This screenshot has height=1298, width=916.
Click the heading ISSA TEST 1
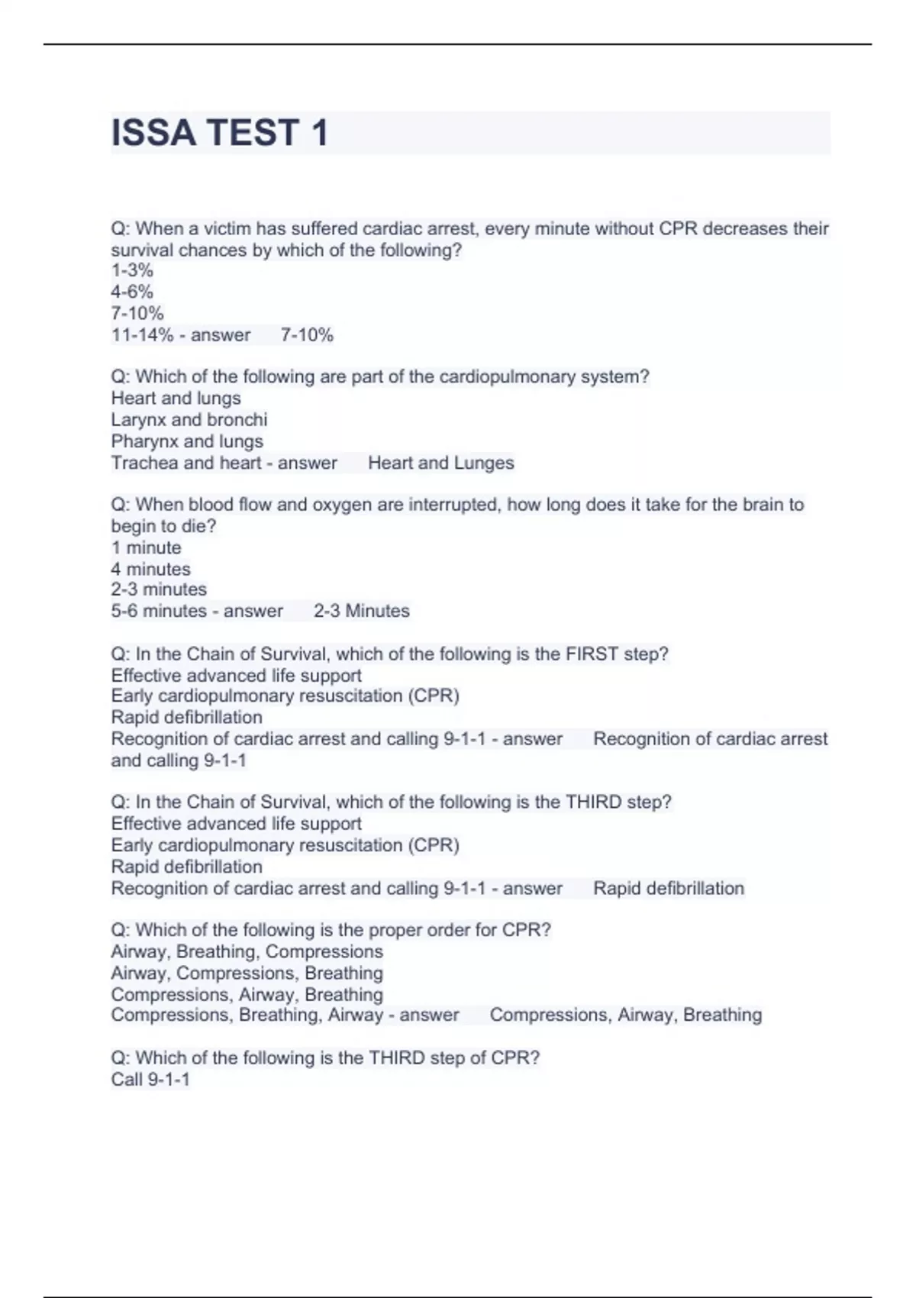pyautogui.click(x=220, y=133)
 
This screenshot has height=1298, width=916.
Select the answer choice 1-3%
pyautogui.click(x=132, y=270)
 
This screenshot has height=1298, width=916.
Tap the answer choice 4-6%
pyautogui.click(x=132, y=292)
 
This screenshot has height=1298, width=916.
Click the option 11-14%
pyautogui.click(x=142, y=335)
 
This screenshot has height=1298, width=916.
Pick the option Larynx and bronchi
pyautogui.click(x=189, y=420)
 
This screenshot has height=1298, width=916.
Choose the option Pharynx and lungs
pyautogui.click(x=187, y=441)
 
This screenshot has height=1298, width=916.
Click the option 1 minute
pyautogui.click(x=146, y=548)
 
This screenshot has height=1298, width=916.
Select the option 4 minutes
pyautogui.click(x=150, y=570)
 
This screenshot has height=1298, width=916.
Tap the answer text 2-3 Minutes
pyautogui.click(x=362, y=612)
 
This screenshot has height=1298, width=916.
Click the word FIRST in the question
pyautogui.click(x=592, y=654)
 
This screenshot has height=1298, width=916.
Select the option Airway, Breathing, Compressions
pyautogui.click(x=247, y=952)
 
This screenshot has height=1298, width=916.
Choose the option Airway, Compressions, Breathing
pyautogui.click(x=247, y=973)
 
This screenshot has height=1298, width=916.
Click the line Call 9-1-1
pyautogui.click(x=150, y=1080)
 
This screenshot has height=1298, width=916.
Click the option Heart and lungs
pyautogui.click(x=176, y=399)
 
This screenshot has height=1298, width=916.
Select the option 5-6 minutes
pyautogui.click(x=159, y=612)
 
